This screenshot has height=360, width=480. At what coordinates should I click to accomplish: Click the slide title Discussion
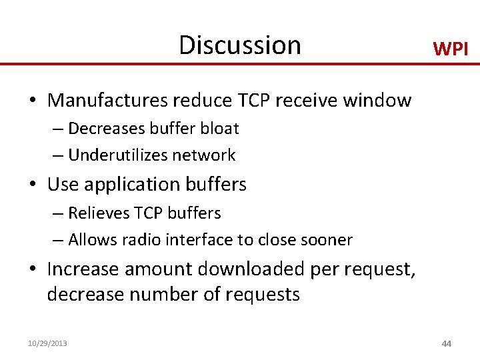coord(240,45)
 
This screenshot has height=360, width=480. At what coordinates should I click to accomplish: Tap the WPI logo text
coord(451,49)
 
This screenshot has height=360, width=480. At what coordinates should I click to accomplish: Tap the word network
coord(203,155)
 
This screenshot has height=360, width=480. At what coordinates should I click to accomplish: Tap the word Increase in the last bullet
coord(82,269)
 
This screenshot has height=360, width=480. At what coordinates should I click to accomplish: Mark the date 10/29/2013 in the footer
coord(47,343)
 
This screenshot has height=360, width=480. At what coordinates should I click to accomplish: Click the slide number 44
coord(446,343)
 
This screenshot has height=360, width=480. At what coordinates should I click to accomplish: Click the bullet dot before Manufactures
coord(32,101)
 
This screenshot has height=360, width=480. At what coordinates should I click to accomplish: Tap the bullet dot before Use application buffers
coord(32,185)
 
